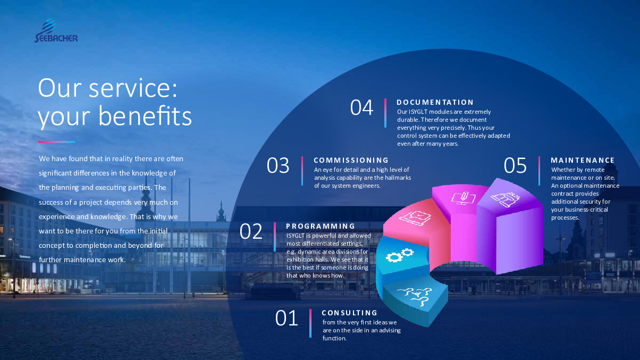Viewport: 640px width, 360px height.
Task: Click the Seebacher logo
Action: pyautogui.click(x=56, y=30)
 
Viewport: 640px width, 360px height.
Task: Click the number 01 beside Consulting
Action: pyautogui.click(x=287, y=318)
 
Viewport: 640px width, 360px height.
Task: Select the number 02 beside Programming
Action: pyautogui.click(x=251, y=231)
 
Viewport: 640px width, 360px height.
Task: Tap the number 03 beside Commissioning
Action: pyautogui.click(x=277, y=165)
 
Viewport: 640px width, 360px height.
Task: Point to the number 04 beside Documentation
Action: pyautogui.click(x=361, y=107)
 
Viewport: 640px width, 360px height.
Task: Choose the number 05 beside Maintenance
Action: pyautogui.click(x=515, y=165)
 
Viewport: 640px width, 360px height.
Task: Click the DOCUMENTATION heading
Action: pyautogui.click(x=435, y=102)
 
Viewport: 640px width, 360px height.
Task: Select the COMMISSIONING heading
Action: pyautogui.click(x=351, y=160)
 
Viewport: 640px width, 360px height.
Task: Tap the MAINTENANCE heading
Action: pyautogui.click(x=583, y=160)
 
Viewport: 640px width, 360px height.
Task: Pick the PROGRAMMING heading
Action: pyautogui.click(x=321, y=227)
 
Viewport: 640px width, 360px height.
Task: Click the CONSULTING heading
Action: pyautogui.click(x=349, y=313)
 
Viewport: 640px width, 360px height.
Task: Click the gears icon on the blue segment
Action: pyautogui.click(x=399, y=255)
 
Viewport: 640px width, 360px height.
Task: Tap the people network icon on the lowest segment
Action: pyautogui.click(x=415, y=296)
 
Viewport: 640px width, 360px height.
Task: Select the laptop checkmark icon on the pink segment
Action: pyautogui.click(x=415, y=217)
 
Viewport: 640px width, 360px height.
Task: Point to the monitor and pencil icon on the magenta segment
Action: pyautogui.click(x=464, y=197)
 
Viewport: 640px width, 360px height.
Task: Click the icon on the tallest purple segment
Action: pyautogui.click(x=505, y=199)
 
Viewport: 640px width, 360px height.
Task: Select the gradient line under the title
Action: pyautogui.click(x=57, y=142)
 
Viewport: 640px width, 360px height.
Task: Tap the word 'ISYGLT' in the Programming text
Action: pyautogui.click(x=296, y=236)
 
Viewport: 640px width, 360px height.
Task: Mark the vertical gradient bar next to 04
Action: pyautogui.click(x=385, y=113)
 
